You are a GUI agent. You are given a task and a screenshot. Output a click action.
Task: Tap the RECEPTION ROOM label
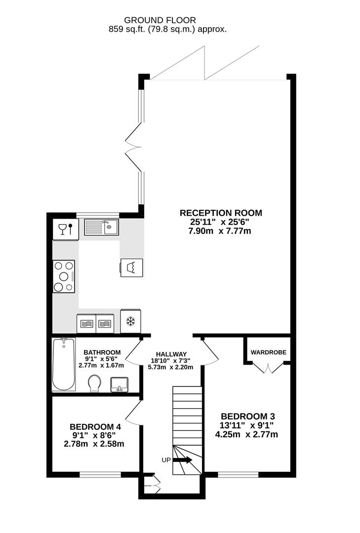coord(220,213)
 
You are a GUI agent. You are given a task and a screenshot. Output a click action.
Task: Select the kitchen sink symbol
coord(101,228)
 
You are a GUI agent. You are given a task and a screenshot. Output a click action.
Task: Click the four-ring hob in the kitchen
coord(64,276)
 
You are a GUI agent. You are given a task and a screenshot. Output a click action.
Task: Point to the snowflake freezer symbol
coord(131,322)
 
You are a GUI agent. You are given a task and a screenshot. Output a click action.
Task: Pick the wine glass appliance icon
coord(66,229)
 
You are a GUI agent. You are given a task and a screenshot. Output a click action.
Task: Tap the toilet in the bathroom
coord(94,383)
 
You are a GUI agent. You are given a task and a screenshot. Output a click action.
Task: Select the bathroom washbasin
coord(119,383)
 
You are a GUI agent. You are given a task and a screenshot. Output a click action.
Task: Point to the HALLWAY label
coord(171,354)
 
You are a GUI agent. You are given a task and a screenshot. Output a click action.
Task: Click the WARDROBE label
coord(268,352)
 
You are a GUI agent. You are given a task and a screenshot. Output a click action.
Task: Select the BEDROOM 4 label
coord(95,427)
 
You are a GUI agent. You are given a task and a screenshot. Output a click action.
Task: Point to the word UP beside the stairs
coord(166,460)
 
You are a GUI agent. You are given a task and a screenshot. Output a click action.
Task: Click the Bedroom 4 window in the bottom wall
coord(101,475)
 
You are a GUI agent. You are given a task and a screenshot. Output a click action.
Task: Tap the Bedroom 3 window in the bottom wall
coord(239,475)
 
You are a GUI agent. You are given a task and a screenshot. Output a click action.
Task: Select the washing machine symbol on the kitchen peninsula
coord(132,267)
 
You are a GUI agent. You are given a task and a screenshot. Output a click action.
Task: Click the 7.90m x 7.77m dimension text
coord(220,231)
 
